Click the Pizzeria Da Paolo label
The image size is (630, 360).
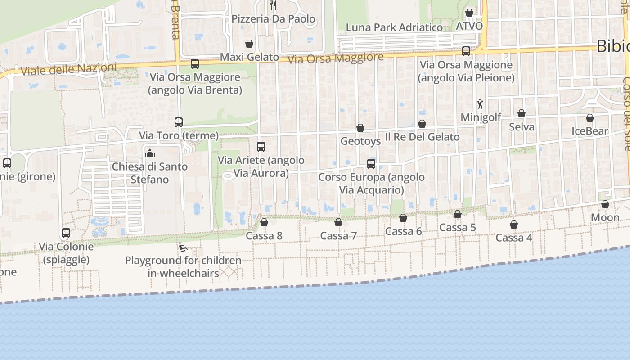(273, 19)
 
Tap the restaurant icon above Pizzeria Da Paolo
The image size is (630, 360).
(273, 5)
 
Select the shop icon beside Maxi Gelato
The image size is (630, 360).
(249, 44)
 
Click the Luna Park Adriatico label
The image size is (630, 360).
(394, 27)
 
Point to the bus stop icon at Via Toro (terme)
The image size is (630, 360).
(179, 122)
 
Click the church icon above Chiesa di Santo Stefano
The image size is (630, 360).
(149, 153)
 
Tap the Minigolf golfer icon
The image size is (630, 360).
(480, 104)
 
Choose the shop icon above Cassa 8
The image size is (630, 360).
(264, 222)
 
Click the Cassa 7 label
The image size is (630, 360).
(338, 236)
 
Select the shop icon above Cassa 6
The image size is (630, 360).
(403, 218)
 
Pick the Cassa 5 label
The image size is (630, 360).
(458, 228)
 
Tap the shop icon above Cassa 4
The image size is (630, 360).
(514, 225)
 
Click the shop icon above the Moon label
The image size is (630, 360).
(605, 204)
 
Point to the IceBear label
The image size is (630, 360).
(589, 131)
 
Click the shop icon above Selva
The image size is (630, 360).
(522, 113)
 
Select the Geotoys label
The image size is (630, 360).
(360, 141)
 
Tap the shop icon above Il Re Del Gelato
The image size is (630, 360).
(422, 124)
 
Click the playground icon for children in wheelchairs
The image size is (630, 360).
(183, 247)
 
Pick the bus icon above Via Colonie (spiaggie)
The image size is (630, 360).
(66, 233)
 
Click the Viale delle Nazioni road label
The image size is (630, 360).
(68, 69)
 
